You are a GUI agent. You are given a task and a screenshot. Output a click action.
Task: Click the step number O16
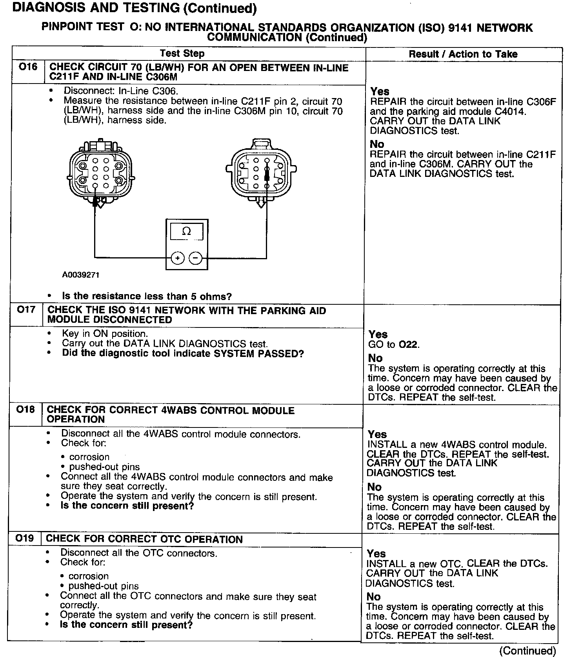coord(28,67)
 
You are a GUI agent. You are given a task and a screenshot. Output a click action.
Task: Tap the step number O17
coord(26,310)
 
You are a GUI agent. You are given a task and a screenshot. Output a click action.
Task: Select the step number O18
coord(26,410)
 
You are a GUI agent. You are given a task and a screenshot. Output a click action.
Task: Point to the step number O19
coord(25,538)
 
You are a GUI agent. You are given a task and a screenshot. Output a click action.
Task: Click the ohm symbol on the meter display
coord(187,231)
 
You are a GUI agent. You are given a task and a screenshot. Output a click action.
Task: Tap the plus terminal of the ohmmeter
coord(178,258)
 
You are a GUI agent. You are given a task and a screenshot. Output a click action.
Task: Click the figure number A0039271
coord(80,275)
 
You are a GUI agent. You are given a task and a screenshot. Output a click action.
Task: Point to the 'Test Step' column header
coord(182,54)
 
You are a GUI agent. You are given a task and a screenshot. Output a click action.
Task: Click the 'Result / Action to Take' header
coord(463,55)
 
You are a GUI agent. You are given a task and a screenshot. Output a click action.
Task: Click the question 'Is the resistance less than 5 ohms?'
coord(147,296)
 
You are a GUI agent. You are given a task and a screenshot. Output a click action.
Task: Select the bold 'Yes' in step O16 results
coord(380,91)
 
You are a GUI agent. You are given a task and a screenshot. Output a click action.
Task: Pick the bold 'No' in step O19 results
coord(374,597)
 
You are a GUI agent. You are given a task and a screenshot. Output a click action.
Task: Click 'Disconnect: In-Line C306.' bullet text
coord(121,91)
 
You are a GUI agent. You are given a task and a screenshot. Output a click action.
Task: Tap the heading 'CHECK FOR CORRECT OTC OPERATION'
coord(144,539)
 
